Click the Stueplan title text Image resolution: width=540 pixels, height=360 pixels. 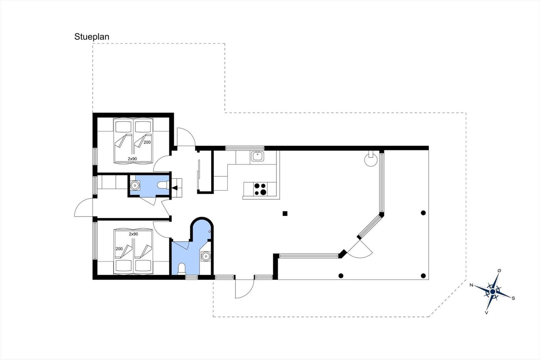tap(92, 37)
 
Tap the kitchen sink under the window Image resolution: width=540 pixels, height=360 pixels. tap(258, 156)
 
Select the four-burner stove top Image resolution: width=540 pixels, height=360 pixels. tap(260, 189)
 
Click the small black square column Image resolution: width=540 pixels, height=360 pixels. tap(285, 213)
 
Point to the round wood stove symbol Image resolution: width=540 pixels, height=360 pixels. tap(371, 159)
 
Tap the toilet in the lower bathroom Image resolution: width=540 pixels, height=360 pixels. tap(182, 268)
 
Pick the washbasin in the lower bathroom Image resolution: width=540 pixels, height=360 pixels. tap(206, 256)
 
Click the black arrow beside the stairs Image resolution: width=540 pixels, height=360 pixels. tap(174, 188)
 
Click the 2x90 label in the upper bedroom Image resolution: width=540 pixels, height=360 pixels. tap(132, 159)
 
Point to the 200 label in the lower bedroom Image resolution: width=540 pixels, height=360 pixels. tap(119, 249)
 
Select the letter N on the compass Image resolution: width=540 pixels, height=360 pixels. tap(471, 285)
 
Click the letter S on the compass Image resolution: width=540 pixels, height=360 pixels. tap(513, 298)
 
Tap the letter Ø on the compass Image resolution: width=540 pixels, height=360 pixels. tap(499, 271)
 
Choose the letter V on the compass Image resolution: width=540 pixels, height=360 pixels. tap(486, 313)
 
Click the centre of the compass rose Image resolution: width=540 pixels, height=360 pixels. tap(493, 292)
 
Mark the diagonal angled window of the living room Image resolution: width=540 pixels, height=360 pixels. tap(370, 227)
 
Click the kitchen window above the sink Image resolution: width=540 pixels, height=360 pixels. tap(245, 148)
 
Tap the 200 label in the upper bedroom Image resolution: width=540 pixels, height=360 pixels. tap(147, 143)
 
